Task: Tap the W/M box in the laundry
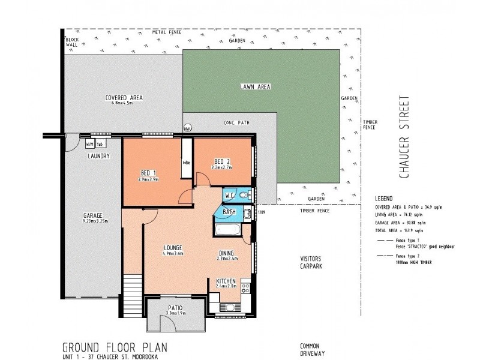click(x=89, y=145)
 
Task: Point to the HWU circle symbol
click(x=187, y=128)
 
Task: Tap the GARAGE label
click(x=93, y=215)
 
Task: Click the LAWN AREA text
click(x=256, y=86)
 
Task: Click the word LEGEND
click(x=383, y=197)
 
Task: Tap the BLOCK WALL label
click(x=73, y=42)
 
